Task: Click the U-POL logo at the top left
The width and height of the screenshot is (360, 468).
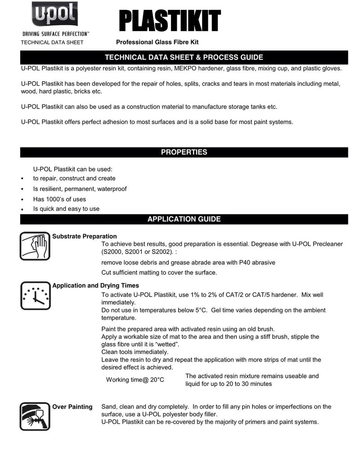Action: [x=54, y=15]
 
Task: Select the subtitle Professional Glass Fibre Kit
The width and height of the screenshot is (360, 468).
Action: [x=157, y=42]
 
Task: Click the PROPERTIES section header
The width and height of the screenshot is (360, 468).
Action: [x=184, y=152]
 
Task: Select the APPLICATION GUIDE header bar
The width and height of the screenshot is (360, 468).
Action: [x=184, y=219]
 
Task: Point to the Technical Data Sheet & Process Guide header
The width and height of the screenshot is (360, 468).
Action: [x=184, y=57]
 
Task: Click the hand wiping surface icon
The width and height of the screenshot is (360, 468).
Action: [x=35, y=246]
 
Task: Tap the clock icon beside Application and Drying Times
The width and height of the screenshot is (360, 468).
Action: [x=35, y=295]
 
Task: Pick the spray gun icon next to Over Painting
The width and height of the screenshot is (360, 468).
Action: [x=35, y=416]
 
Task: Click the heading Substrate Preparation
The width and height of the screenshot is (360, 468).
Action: [x=85, y=236]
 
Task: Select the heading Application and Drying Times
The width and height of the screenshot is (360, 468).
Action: [x=96, y=286]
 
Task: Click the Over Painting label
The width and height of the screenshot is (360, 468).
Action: [x=72, y=407]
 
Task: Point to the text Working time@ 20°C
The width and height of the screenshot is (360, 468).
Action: [x=135, y=380]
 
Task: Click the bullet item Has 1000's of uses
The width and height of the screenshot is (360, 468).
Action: [x=59, y=199]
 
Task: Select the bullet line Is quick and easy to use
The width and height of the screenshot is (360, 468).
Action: [x=66, y=209]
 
